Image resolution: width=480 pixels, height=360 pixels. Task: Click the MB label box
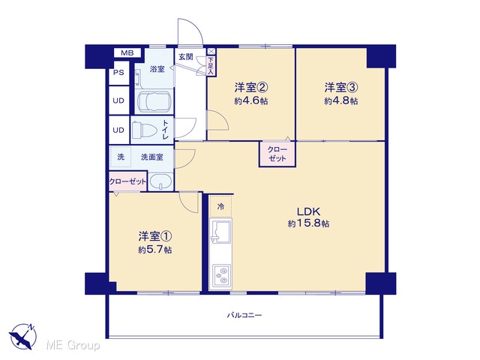(127, 52)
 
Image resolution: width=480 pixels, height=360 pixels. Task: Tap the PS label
(118, 73)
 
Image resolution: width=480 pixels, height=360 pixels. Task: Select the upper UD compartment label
(118, 100)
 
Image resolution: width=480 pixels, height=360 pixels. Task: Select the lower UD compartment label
(118, 130)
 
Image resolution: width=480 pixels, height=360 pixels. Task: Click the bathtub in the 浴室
(153, 102)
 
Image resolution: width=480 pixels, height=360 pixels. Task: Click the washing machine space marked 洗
(121, 157)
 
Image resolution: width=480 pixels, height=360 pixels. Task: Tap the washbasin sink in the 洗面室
(160, 181)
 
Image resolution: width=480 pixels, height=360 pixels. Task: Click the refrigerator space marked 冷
(220, 207)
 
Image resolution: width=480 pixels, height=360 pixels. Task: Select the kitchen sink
(220, 231)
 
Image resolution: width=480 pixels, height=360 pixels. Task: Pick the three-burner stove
(221, 276)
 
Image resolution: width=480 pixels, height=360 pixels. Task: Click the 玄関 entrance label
(186, 57)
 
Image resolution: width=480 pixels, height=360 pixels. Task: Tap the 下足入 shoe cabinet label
(211, 65)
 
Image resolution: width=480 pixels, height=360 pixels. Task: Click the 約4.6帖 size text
(251, 100)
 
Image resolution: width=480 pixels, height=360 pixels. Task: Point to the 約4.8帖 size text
(341, 100)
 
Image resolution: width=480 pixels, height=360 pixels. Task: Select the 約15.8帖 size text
(308, 223)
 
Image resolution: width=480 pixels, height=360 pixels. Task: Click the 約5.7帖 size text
(155, 250)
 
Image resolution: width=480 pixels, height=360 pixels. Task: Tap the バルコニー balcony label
(244, 315)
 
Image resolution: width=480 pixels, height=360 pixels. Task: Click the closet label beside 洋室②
(277, 154)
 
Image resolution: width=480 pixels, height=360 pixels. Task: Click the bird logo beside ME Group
(23, 336)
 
